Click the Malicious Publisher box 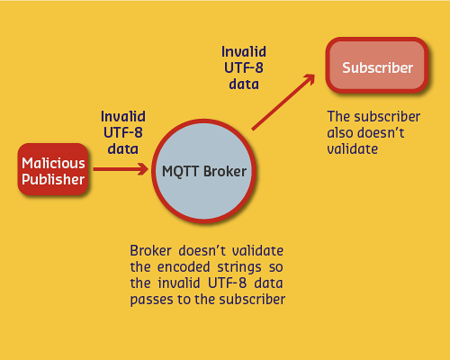coord(54,171)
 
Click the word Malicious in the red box coord(54,163)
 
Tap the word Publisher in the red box coord(54,179)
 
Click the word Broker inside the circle coord(223,170)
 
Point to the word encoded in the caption coord(182,268)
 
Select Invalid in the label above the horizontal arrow coord(122,116)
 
